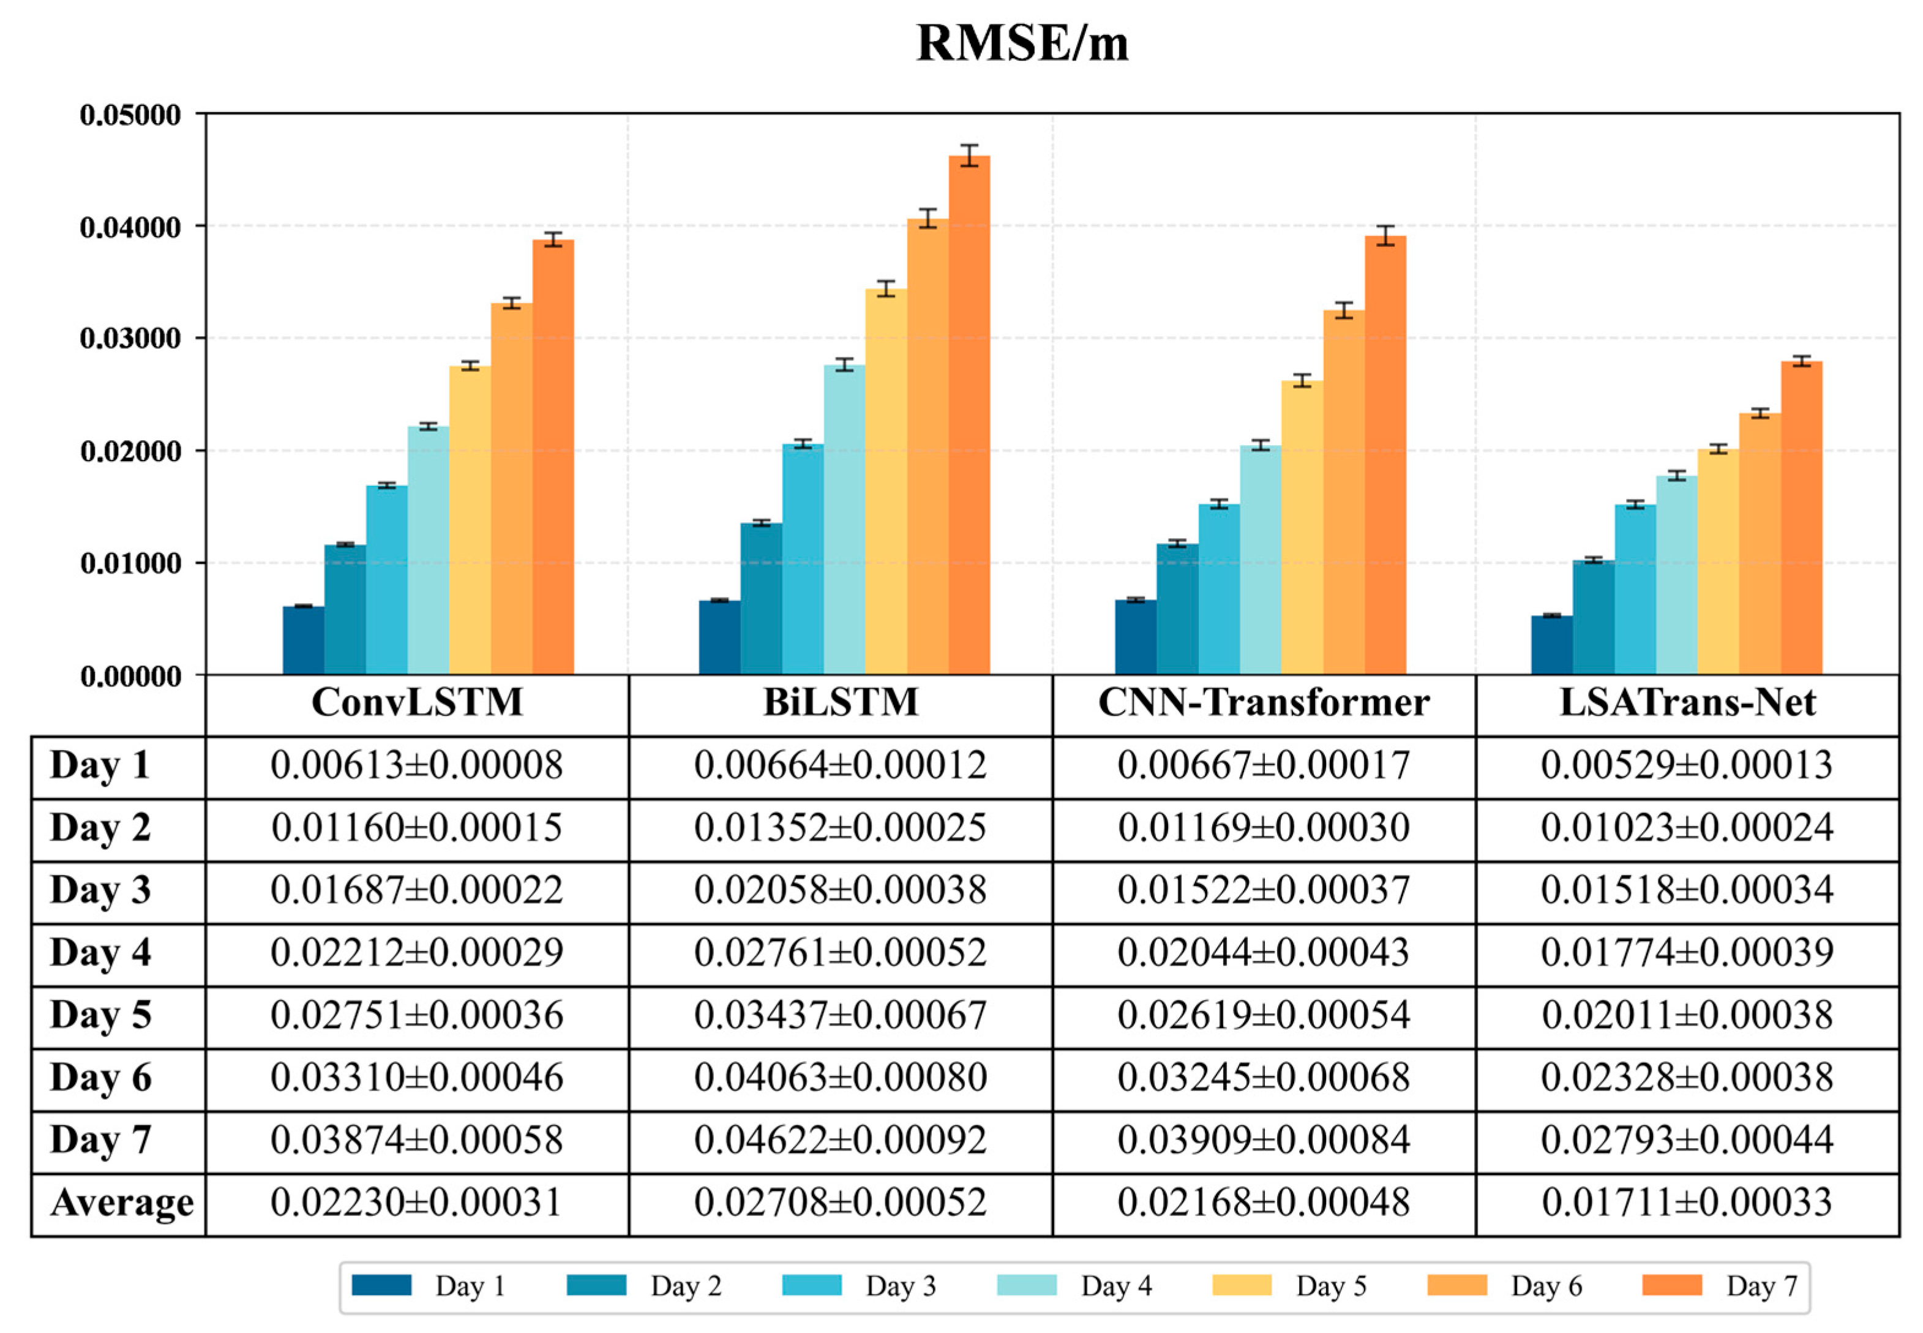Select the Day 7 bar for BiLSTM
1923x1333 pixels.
coord(969,418)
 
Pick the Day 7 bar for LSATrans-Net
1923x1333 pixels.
coord(1801,518)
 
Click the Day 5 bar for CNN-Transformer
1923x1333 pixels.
coord(1302,528)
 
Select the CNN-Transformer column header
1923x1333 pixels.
coord(1264,702)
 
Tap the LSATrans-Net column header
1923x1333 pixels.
coord(1687,702)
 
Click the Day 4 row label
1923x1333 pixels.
coord(100,952)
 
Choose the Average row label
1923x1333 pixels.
coord(121,1203)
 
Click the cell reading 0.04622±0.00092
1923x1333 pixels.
coord(840,1140)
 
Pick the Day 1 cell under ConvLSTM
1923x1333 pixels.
coord(417,765)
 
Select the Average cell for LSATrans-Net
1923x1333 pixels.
coord(1687,1203)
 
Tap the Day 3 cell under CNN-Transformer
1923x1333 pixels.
coord(1264,890)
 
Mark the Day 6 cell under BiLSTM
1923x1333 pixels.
coord(840,1078)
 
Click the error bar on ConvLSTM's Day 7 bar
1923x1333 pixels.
coord(553,239)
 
